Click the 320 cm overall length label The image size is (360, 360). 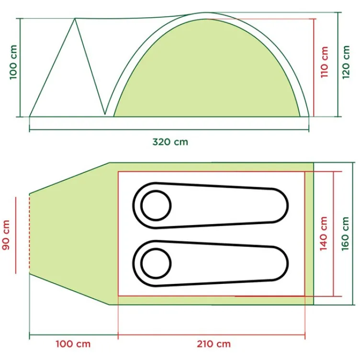[170, 142]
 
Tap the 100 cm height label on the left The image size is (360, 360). [13, 68]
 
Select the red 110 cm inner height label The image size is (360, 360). [325, 62]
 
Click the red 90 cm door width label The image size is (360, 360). [6, 235]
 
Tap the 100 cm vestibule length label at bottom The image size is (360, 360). [73, 344]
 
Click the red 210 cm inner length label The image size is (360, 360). [213, 344]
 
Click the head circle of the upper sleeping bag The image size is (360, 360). [156, 205]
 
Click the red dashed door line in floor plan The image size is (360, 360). [30, 235]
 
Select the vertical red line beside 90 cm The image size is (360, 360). [16, 235]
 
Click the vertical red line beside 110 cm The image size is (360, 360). [315, 67]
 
